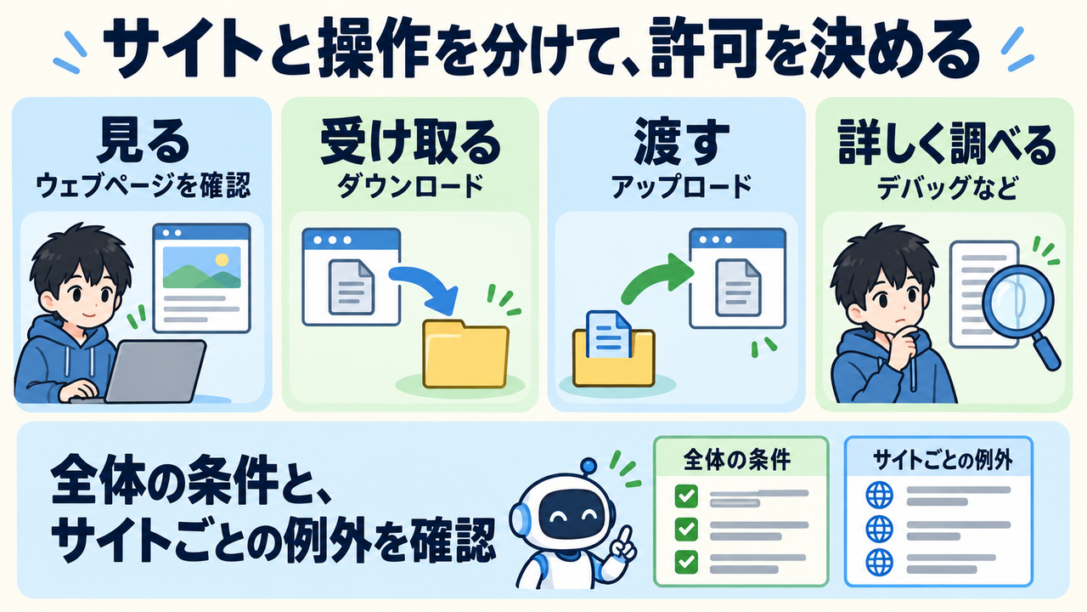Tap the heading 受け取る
point(410,142)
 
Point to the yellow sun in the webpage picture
point(222,260)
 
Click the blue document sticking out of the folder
point(609,334)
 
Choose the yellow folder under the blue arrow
point(466,354)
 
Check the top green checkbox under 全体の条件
point(686,496)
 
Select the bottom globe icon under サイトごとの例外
point(879,562)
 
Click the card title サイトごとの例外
point(943,460)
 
